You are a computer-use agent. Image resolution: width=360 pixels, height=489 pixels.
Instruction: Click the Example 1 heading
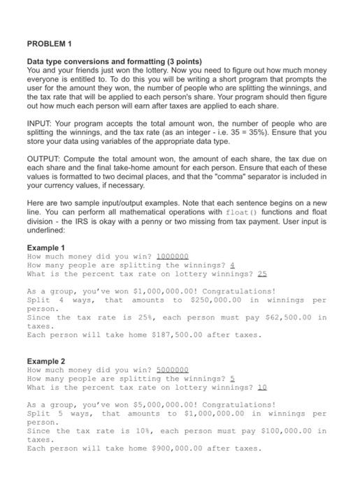coord(45,248)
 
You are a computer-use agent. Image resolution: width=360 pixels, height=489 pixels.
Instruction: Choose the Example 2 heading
coord(45,362)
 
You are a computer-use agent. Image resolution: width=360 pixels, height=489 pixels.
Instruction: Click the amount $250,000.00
coord(216,300)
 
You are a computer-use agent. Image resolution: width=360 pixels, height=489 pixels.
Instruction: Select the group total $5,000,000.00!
coord(185,404)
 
